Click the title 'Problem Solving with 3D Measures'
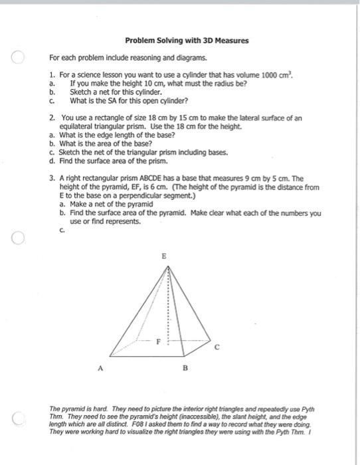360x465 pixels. pyautogui.click(x=187, y=41)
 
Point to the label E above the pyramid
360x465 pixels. pyautogui.click(x=165, y=255)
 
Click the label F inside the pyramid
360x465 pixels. pyautogui.click(x=157, y=342)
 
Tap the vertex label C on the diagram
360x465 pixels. pyautogui.click(x=215, y=346)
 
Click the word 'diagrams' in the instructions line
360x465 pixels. pyautogui.click(x=179, y=58)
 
